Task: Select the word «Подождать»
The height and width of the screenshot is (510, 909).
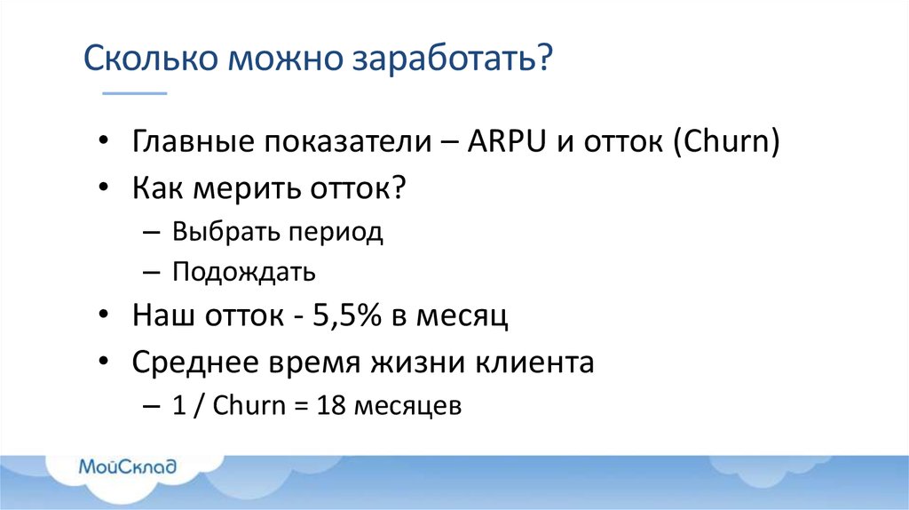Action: click(x=244, y=271)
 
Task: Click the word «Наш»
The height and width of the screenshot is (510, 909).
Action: click(x=162, y=316)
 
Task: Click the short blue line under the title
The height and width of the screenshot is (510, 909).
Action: click(x=135, y=92)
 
